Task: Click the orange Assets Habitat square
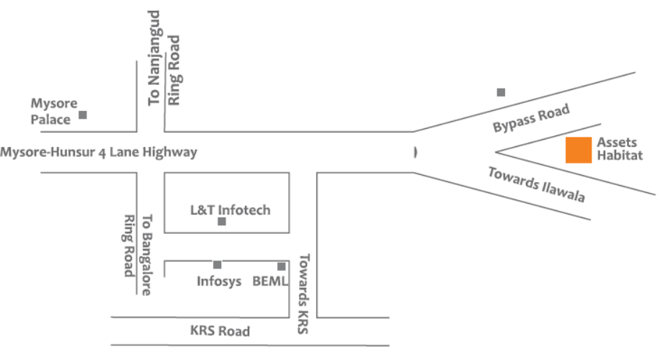click(x=579, y=150)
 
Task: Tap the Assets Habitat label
click(x=620, y=148)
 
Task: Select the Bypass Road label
click(x=531, y=118)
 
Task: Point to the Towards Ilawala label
click(x=536, y=184)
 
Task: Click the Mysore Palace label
click(x=54, y=112)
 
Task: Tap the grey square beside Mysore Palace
click(x=83, y=114)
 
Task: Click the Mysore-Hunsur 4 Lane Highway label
click(x=99, y=152)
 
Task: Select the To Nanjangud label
click(x=154, y=58)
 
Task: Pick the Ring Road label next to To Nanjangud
click(x=174, y=70)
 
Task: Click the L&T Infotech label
click(x=231, y=210)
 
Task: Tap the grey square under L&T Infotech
click(x=222, y=221)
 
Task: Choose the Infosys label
click(x=219, y=281)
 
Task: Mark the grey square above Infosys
click(x=217, y=264)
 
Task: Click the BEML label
click(x=270, y=281)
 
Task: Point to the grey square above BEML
click(x=281, y=266)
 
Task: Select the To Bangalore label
click(x=146, y=255)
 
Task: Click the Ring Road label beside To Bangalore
click(x=129, y=246)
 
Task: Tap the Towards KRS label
click(x=303, y=294)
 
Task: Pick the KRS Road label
click(x=220, y=331)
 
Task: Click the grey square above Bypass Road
click(x=501, y=92)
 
